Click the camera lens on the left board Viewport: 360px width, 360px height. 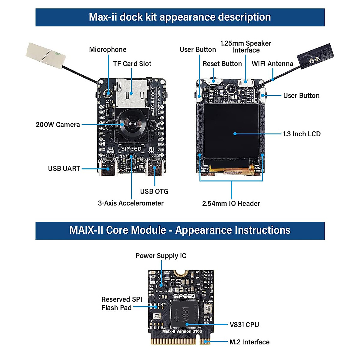coord(131,123)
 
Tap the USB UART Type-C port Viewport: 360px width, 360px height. coord(107,168)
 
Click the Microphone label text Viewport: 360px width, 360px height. coord(108,49)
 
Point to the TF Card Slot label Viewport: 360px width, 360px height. coord(132,64)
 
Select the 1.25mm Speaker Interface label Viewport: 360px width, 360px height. coord(246,47)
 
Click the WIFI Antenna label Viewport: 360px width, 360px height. coord(272,64)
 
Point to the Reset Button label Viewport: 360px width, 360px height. coord(222,64)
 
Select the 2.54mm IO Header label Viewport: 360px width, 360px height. coord(231,203)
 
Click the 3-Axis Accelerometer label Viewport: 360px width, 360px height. coord(131,203)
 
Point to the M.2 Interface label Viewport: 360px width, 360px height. coord(249,342)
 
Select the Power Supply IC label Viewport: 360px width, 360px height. coord(161,256)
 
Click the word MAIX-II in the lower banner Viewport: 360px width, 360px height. coord(87,230)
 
